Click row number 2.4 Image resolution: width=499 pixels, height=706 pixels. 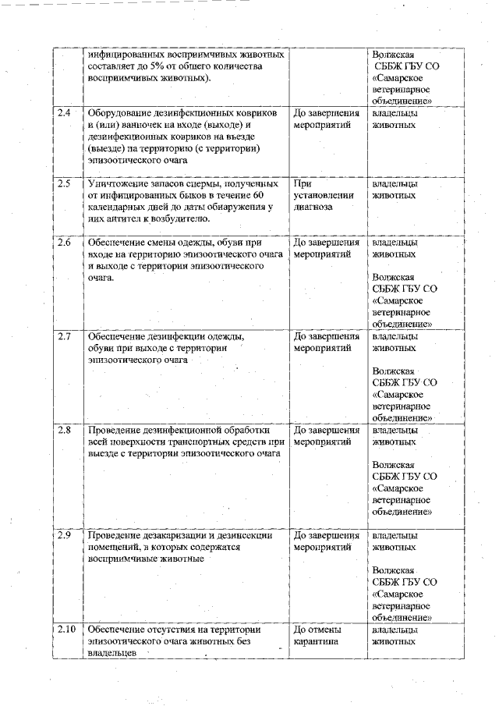pos(65,113)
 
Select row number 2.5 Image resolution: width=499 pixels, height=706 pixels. pos(65,183)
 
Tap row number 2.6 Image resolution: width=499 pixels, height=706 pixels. pos(65,242)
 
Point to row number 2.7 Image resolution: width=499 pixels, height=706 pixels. pos(65,336)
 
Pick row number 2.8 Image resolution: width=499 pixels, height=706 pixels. pos(65,430)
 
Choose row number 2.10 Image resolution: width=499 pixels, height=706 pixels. pos(66,629)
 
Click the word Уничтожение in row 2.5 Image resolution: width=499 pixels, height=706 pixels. pos(118,183)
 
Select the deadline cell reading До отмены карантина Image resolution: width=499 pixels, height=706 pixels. pos(317,636)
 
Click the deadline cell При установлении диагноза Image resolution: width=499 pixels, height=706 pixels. pos(323,195)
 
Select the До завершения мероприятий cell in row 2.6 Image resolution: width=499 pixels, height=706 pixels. pos(326,248)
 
